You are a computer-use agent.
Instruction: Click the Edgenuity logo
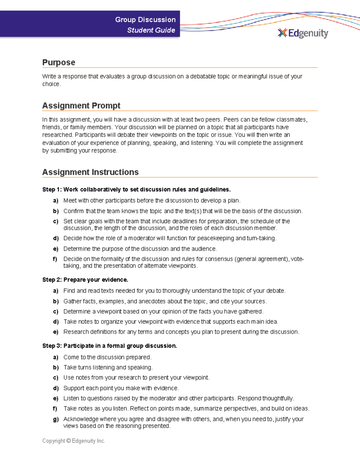tap(303, 33)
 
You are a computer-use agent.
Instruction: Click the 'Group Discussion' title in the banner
tap(145, 20)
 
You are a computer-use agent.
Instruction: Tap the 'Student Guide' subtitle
tap(151, 30)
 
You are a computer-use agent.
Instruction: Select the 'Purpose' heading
tap(58, 62)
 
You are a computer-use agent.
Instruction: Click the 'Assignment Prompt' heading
tap(81, 106)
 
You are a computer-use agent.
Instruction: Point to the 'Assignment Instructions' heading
tap(90, 172)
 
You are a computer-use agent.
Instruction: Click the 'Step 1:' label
tap(52, 190)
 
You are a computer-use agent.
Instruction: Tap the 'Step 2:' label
tap(52, 280)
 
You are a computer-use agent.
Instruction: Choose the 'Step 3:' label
tap(52, 346)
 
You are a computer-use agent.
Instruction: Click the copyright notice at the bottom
tap(73, 441)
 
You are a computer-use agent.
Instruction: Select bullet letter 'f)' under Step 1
tap(55, 259)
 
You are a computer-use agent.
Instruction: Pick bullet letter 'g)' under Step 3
tap(55, 419)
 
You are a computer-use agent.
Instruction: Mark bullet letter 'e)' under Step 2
tap(55, 332)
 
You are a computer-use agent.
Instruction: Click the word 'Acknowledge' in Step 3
tap(81, 419)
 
